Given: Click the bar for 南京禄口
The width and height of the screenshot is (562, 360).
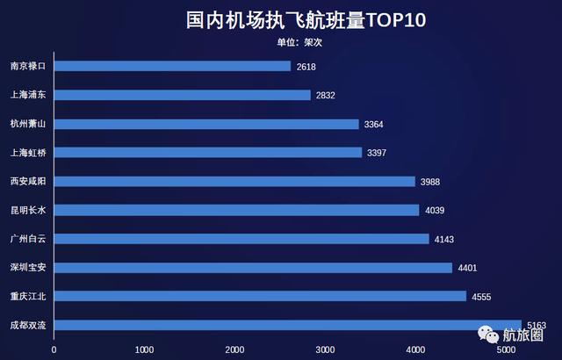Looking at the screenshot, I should (172, 66).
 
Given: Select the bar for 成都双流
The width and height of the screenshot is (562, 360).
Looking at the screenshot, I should (288, 325).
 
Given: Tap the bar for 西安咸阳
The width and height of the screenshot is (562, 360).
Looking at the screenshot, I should (234, 181).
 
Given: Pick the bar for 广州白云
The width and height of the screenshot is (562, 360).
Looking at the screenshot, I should (241, 239).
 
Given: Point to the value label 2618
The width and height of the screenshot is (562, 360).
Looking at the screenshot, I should (306, 67).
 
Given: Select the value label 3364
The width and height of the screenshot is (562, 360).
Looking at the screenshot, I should (374, 125).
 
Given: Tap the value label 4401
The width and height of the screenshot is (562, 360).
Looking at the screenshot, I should (467, 268).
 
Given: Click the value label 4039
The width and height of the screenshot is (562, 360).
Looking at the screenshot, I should (435, 211).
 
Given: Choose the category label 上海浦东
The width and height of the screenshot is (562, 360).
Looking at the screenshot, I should (27, 95).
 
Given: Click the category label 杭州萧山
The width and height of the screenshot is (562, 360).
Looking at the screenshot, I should (27, 124).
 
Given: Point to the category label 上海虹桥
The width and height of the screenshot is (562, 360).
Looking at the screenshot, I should (27, 153).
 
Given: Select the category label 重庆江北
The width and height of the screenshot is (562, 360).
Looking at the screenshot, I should (27, 296).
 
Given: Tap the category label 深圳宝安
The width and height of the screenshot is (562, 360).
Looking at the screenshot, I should (27, 268).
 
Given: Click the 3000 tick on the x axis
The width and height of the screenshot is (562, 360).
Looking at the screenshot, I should (325, 349).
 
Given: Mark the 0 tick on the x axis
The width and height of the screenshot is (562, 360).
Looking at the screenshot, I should (54, 349).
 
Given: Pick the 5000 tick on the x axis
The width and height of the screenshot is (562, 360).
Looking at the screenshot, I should (505, 349).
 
